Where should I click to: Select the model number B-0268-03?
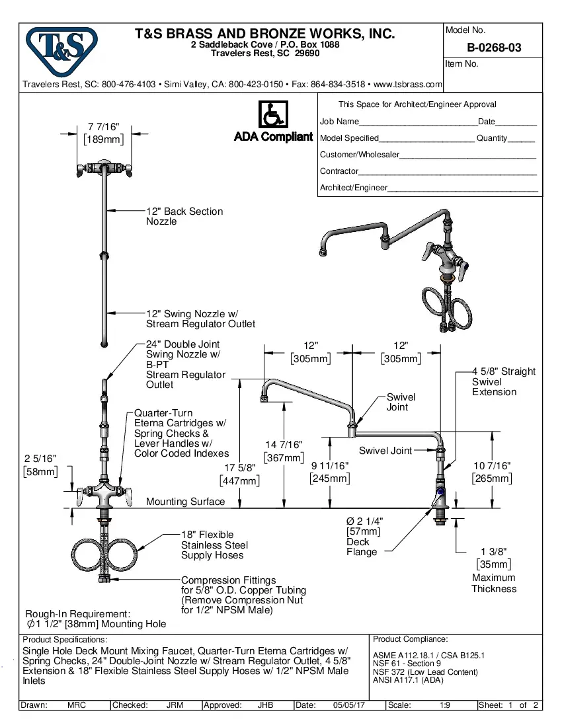pyautogui.click(x=493, y=48)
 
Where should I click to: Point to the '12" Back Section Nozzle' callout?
pyautogui.click(x=184, y=216)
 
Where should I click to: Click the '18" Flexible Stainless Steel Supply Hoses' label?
pyautogui.click(x=214, y=545)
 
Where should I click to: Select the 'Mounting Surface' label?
pyautogui.click(x=185, y=502)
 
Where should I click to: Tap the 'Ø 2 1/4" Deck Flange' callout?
pyautogui.click(x=364, y=536)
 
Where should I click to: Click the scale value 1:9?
pyautogui.click(x=445, y=705)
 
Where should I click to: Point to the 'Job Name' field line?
pyautogui.click(x=417, y=122)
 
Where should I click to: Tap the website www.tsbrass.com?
pyautogui.click(x=407, y=85)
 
